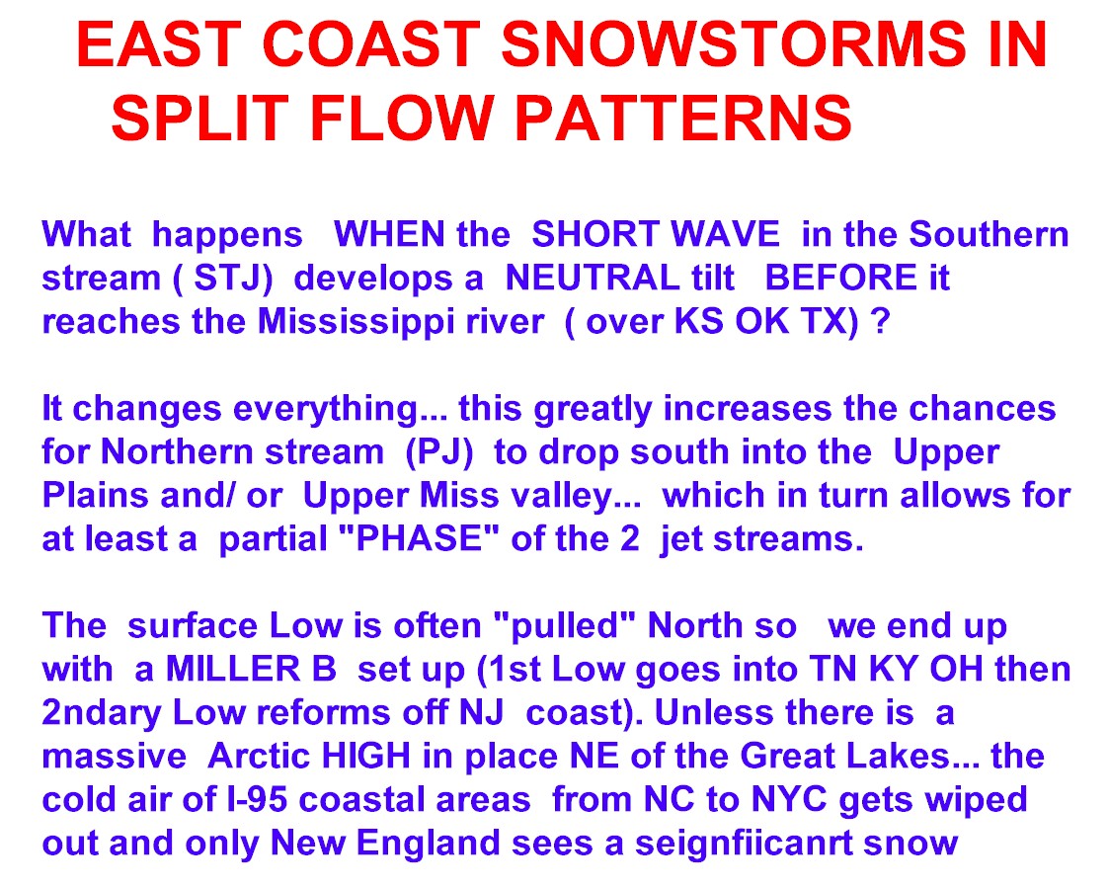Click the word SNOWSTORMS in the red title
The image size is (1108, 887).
point(734,44)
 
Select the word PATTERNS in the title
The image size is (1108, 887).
point(683,118)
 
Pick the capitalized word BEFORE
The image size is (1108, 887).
point(840,278)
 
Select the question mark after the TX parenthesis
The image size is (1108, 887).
point(881,322)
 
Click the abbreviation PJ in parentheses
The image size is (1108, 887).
point(438,452)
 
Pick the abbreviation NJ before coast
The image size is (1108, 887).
point(482,712)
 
